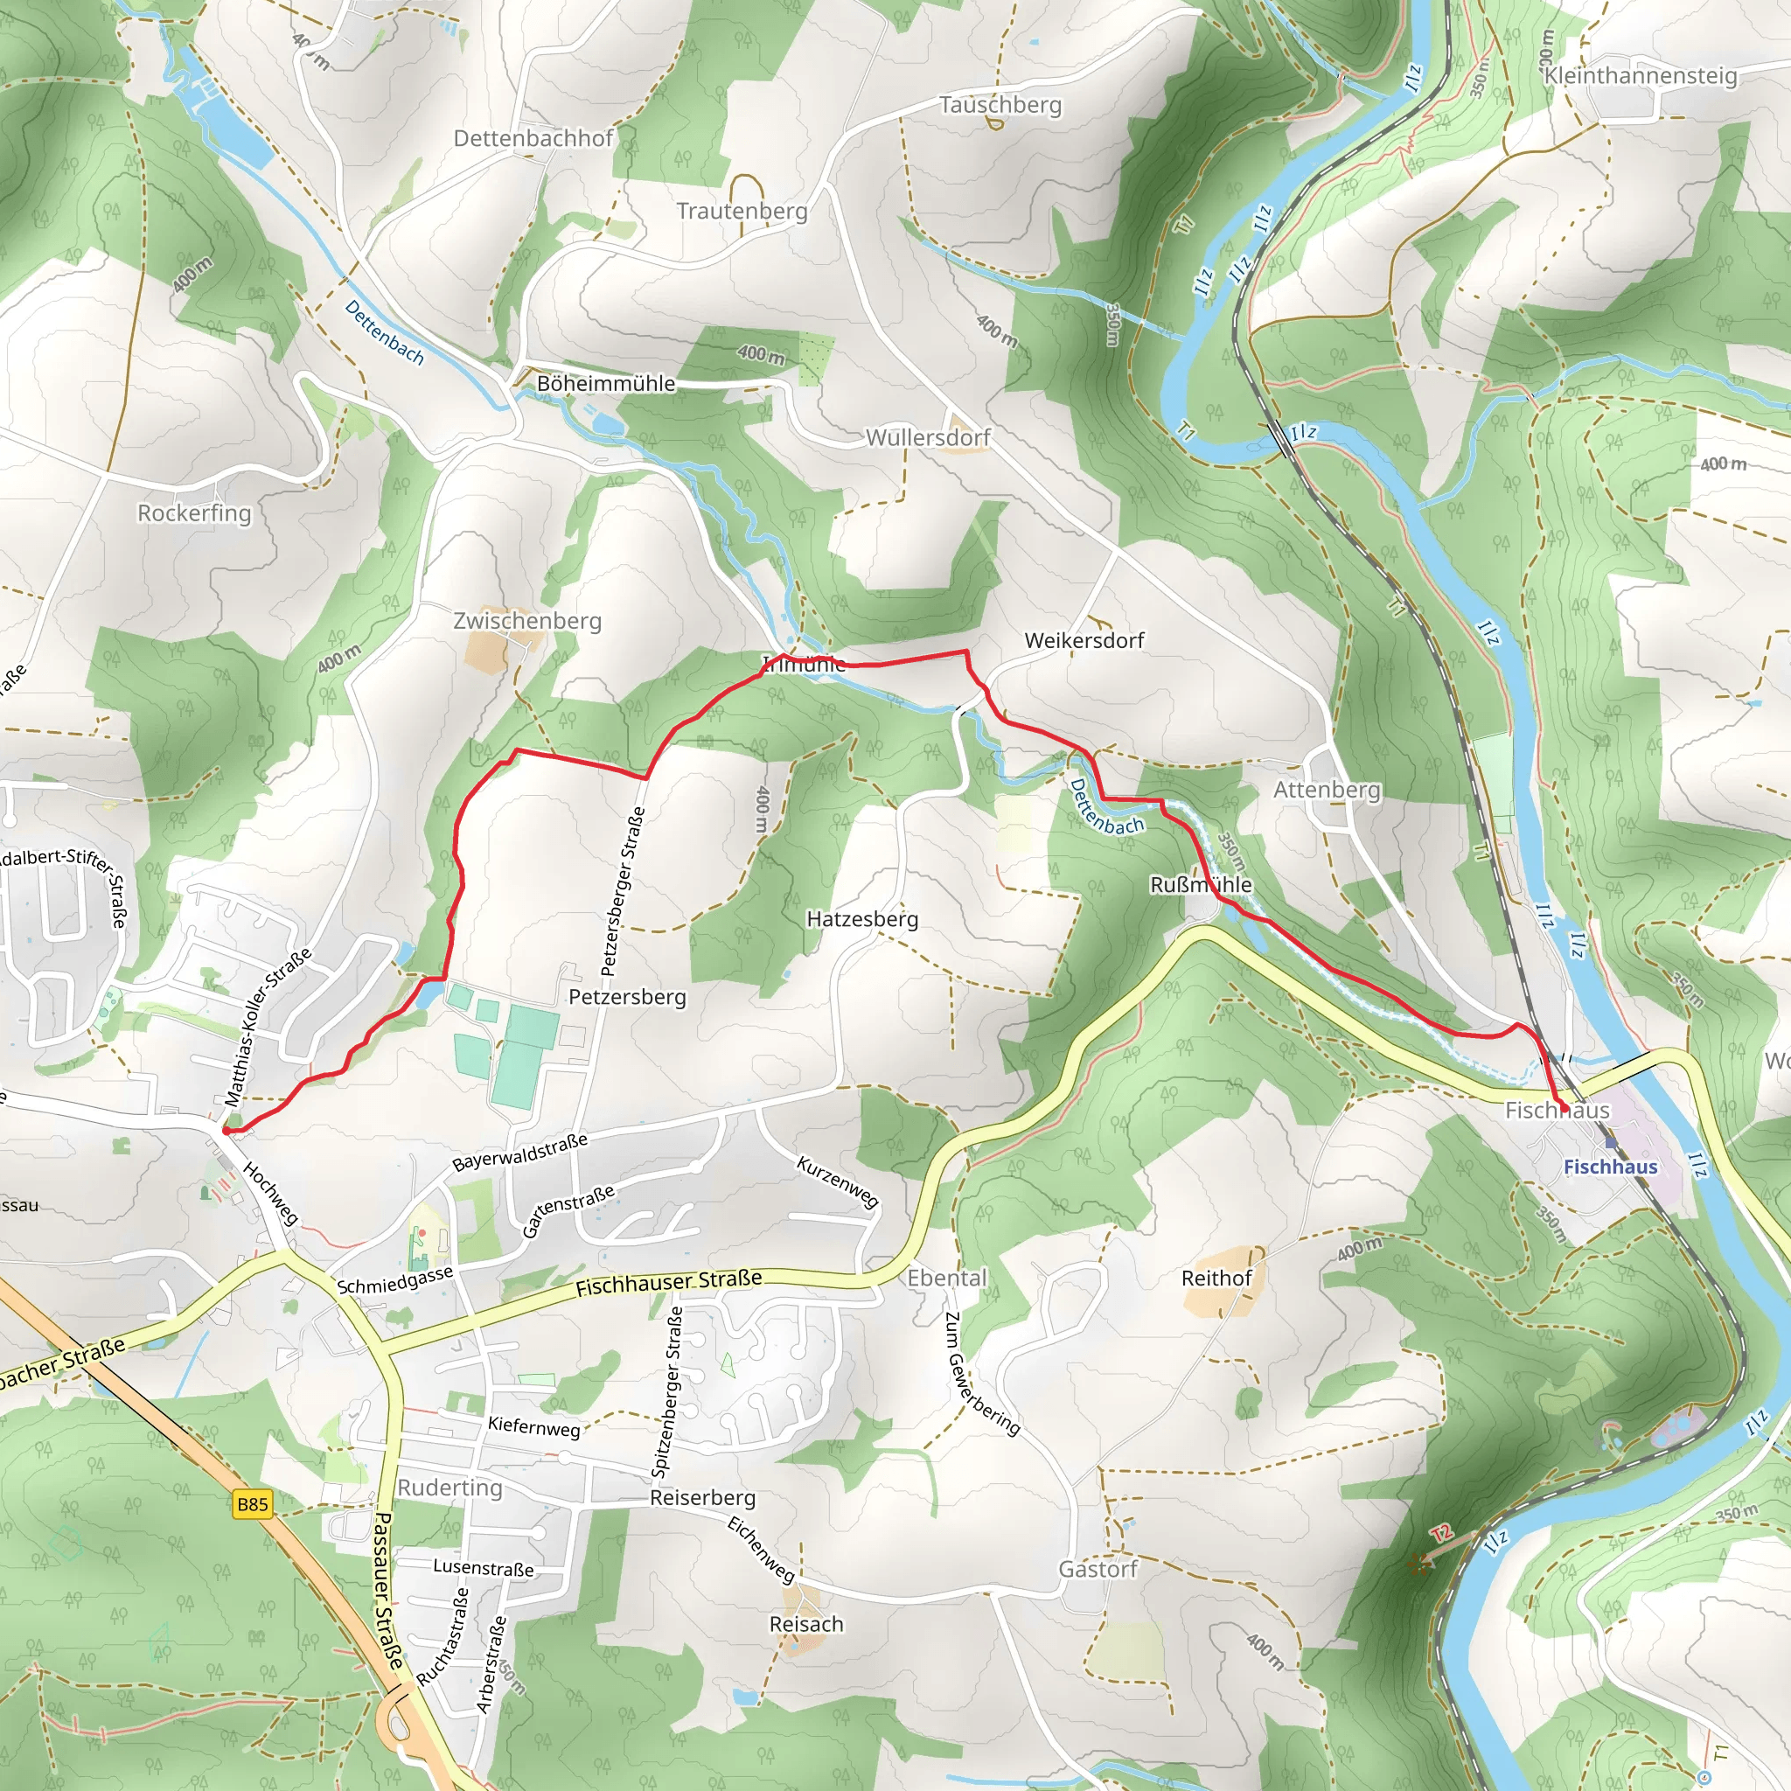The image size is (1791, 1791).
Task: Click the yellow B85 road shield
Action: point(252,1503)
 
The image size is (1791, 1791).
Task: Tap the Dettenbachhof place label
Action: point(533,138)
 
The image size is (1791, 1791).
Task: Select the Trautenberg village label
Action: point(742,211)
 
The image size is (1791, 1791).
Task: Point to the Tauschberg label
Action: point(1000,105)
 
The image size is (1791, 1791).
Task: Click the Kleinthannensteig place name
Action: point(1640,75)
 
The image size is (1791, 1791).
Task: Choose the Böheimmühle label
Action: point(605,383)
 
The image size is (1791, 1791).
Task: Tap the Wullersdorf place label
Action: point(928,436)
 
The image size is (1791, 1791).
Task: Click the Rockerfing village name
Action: point(195,512)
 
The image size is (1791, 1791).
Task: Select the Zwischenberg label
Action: point(527,620)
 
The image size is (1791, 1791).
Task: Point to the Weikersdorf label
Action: point(1084,639)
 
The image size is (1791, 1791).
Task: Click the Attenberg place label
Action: point(1327,789)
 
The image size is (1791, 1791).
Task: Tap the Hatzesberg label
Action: point(862,919)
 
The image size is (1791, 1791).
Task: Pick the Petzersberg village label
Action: point(628,997)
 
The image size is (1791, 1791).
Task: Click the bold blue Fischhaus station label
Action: point(1610,1167)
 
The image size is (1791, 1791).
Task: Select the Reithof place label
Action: point(1216,1278)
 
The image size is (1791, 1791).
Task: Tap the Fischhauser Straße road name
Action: point(668,1283)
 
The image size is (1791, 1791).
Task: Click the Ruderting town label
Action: point(449,1487)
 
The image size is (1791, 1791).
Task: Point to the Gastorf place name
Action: point(1098,1569)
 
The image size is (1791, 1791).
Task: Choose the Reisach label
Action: point(806,1624)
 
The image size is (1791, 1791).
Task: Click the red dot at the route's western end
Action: point(226,1131)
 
